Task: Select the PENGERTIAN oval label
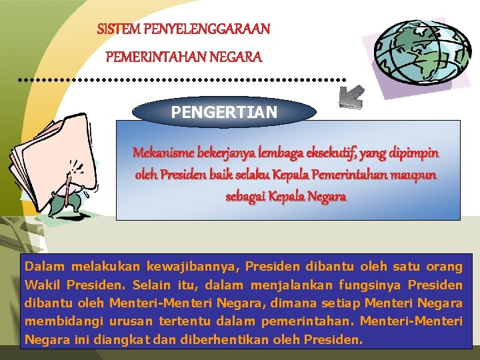pyautogui.click(x=224, y=113)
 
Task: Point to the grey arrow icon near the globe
pyautogui.click(x=351, y=97)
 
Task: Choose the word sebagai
pyautogui.click(x=247, y=198)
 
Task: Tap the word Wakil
pyautogui.click(x=42, y=285)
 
